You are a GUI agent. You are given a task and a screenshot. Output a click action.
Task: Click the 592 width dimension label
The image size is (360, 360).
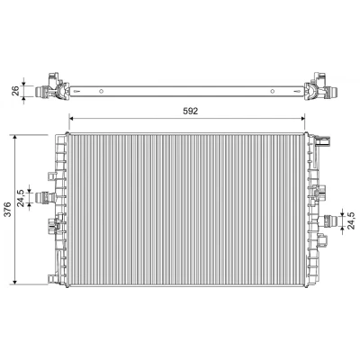pos(191,112)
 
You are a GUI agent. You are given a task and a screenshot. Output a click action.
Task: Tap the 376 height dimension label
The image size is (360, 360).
pos(8,209)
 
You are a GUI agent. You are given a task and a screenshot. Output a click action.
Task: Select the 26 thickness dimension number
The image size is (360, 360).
pos(15,90)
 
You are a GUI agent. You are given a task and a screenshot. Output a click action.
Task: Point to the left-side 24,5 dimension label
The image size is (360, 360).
pos(21,198)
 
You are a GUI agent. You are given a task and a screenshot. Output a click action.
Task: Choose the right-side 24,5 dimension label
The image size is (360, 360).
pos(351,220)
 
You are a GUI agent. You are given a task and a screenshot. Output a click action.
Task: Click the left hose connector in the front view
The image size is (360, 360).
pos(45,198)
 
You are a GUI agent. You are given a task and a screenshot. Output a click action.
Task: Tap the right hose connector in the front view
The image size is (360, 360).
pos(328,221)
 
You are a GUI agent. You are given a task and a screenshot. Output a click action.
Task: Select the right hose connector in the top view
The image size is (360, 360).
pos(329,91)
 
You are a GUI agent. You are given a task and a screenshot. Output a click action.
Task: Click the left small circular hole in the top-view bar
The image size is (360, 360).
pos(102,91)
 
